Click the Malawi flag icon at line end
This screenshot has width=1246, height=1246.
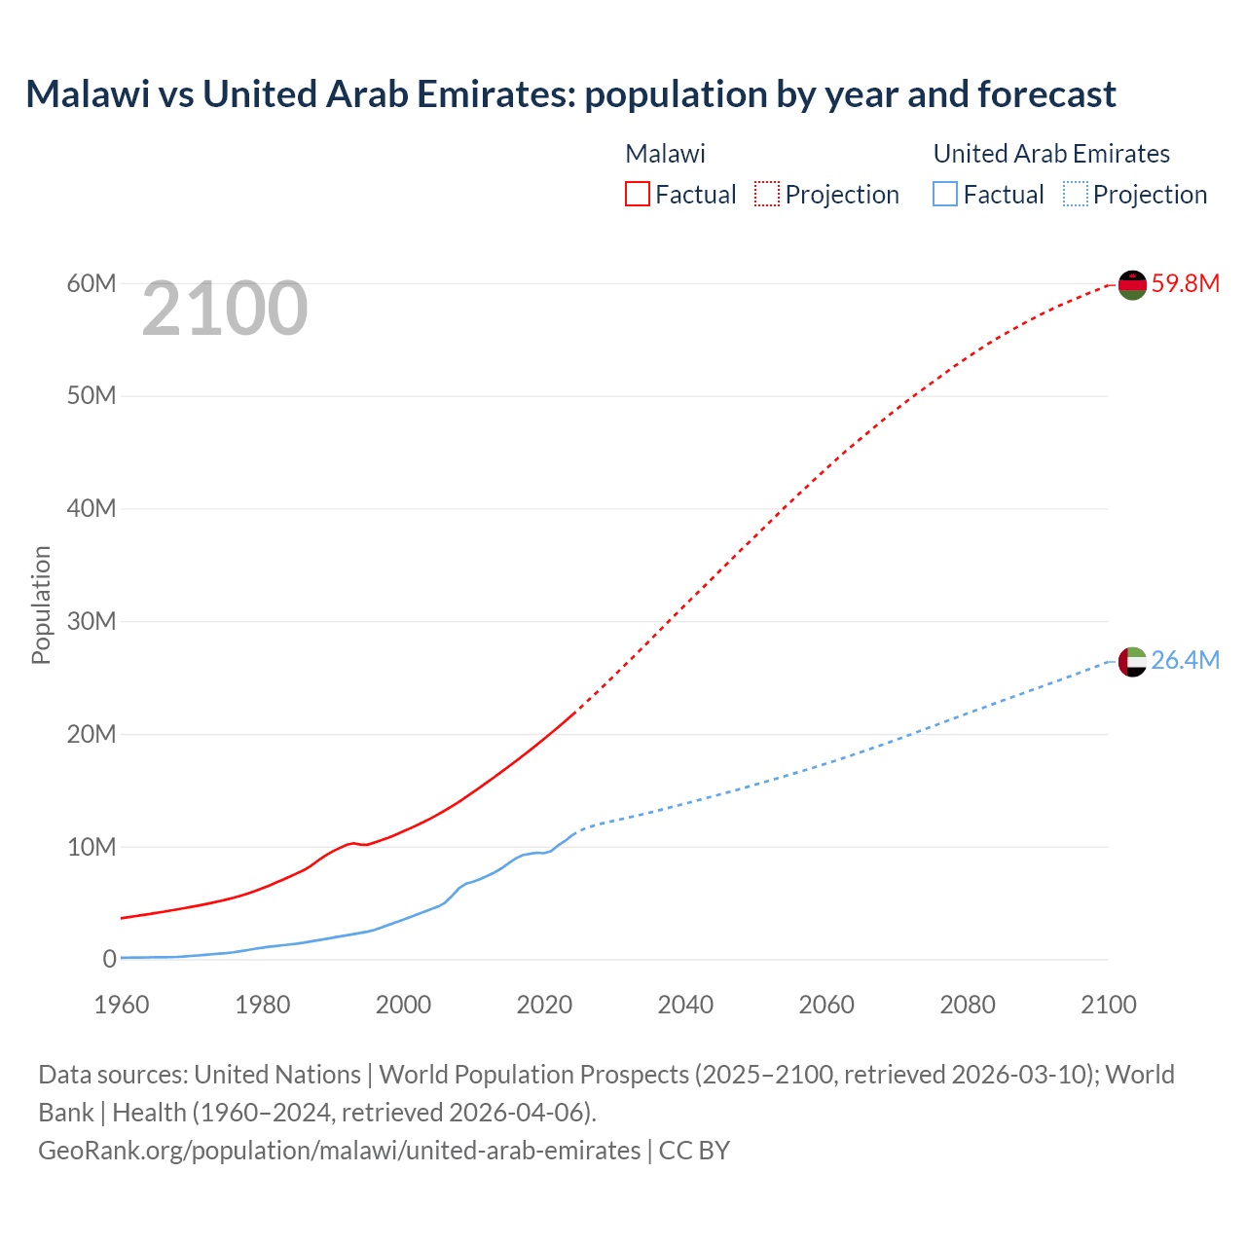pyautogui.click(x=1132, y=284)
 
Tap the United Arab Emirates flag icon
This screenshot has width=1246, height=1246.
pyautogui.click(x=1132, y=661)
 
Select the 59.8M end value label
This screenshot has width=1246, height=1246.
pyautogui.click(x=1185, y=283)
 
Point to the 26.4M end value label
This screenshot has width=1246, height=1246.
pyautogui.click(x=1185, y=660)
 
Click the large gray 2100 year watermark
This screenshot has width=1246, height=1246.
pyautogui.click(x=225, y=309)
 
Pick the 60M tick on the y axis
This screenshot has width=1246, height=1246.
pyautogui.click(x=92, y=283)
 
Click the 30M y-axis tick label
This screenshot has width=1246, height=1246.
pyautogui.click(x=92, y=621)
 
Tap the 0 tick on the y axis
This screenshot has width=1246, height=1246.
pyautogui.click(x=109, y=959)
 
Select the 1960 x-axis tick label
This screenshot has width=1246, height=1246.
pyautogui.click(x=122, y=1005)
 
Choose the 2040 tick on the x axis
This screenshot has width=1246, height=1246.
pyautogui.click(x=685, y=1005)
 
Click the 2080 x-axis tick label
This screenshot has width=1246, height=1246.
pyautogui.click(x=968, y=1005)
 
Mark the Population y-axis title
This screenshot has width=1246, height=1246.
pyautogui.click(x=41, y=605)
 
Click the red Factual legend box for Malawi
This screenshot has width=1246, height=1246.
pyautogui.click(x=637, y=194)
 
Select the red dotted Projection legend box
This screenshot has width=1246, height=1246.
pyautogui.click(x=767, y=194)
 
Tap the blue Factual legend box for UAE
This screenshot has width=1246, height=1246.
pyautogui.click(x=945, y=194)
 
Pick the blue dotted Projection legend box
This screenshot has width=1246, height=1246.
pyautogui.click(x=1076, y=194)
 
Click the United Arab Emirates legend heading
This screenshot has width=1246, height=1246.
pyautogui.click(x=1051, y=154)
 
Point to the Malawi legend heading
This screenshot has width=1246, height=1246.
pyautogui.click(x=665, y=154)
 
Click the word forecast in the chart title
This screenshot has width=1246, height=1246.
pyautogui.click(x=1046, y=94)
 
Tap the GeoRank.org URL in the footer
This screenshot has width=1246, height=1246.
pyautogui.click(x=339, y=1150)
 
